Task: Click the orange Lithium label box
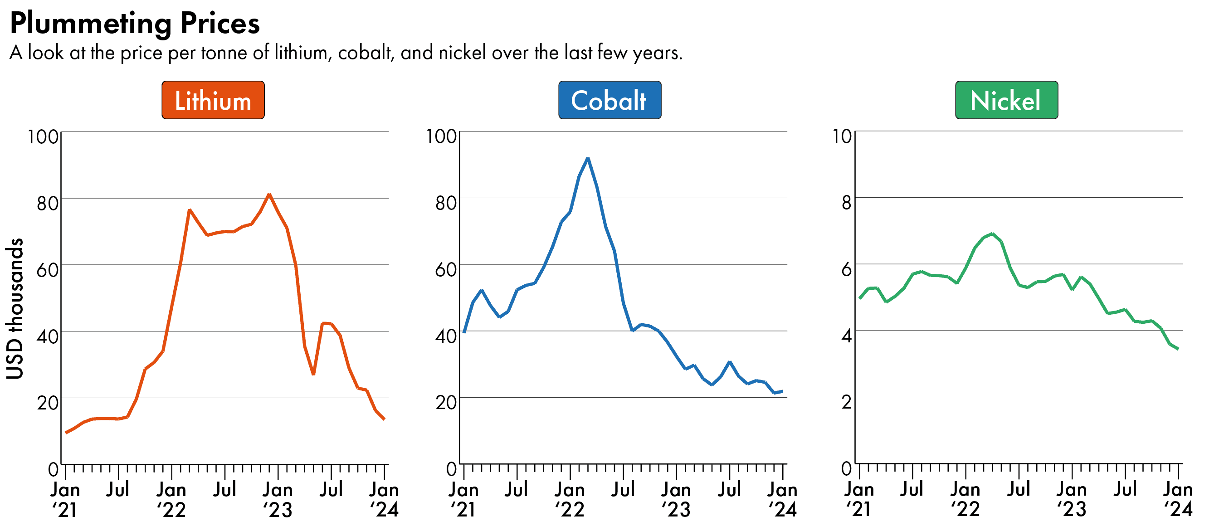(x=213, y=100)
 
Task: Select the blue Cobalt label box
(x=609, y=100)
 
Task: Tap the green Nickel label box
(x=1006, y=100)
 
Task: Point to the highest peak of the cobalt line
(x=588, y=159)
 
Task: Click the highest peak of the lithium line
(x=269, y=195)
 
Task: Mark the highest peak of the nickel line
(x=992, y=234)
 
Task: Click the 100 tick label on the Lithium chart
(x=43, y=137)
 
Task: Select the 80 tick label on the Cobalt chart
(x=446, y=203)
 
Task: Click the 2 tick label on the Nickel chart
(x=846, y=402)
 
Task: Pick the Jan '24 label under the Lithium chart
(x=384, y=499)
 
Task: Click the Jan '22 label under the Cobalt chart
(x=570, y=499)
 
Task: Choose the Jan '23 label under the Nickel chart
(x=1072, y=499)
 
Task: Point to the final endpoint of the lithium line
(x=384, y=419)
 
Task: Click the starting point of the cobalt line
(x=464, y=332)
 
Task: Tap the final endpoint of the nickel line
(x=1178, y=349)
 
